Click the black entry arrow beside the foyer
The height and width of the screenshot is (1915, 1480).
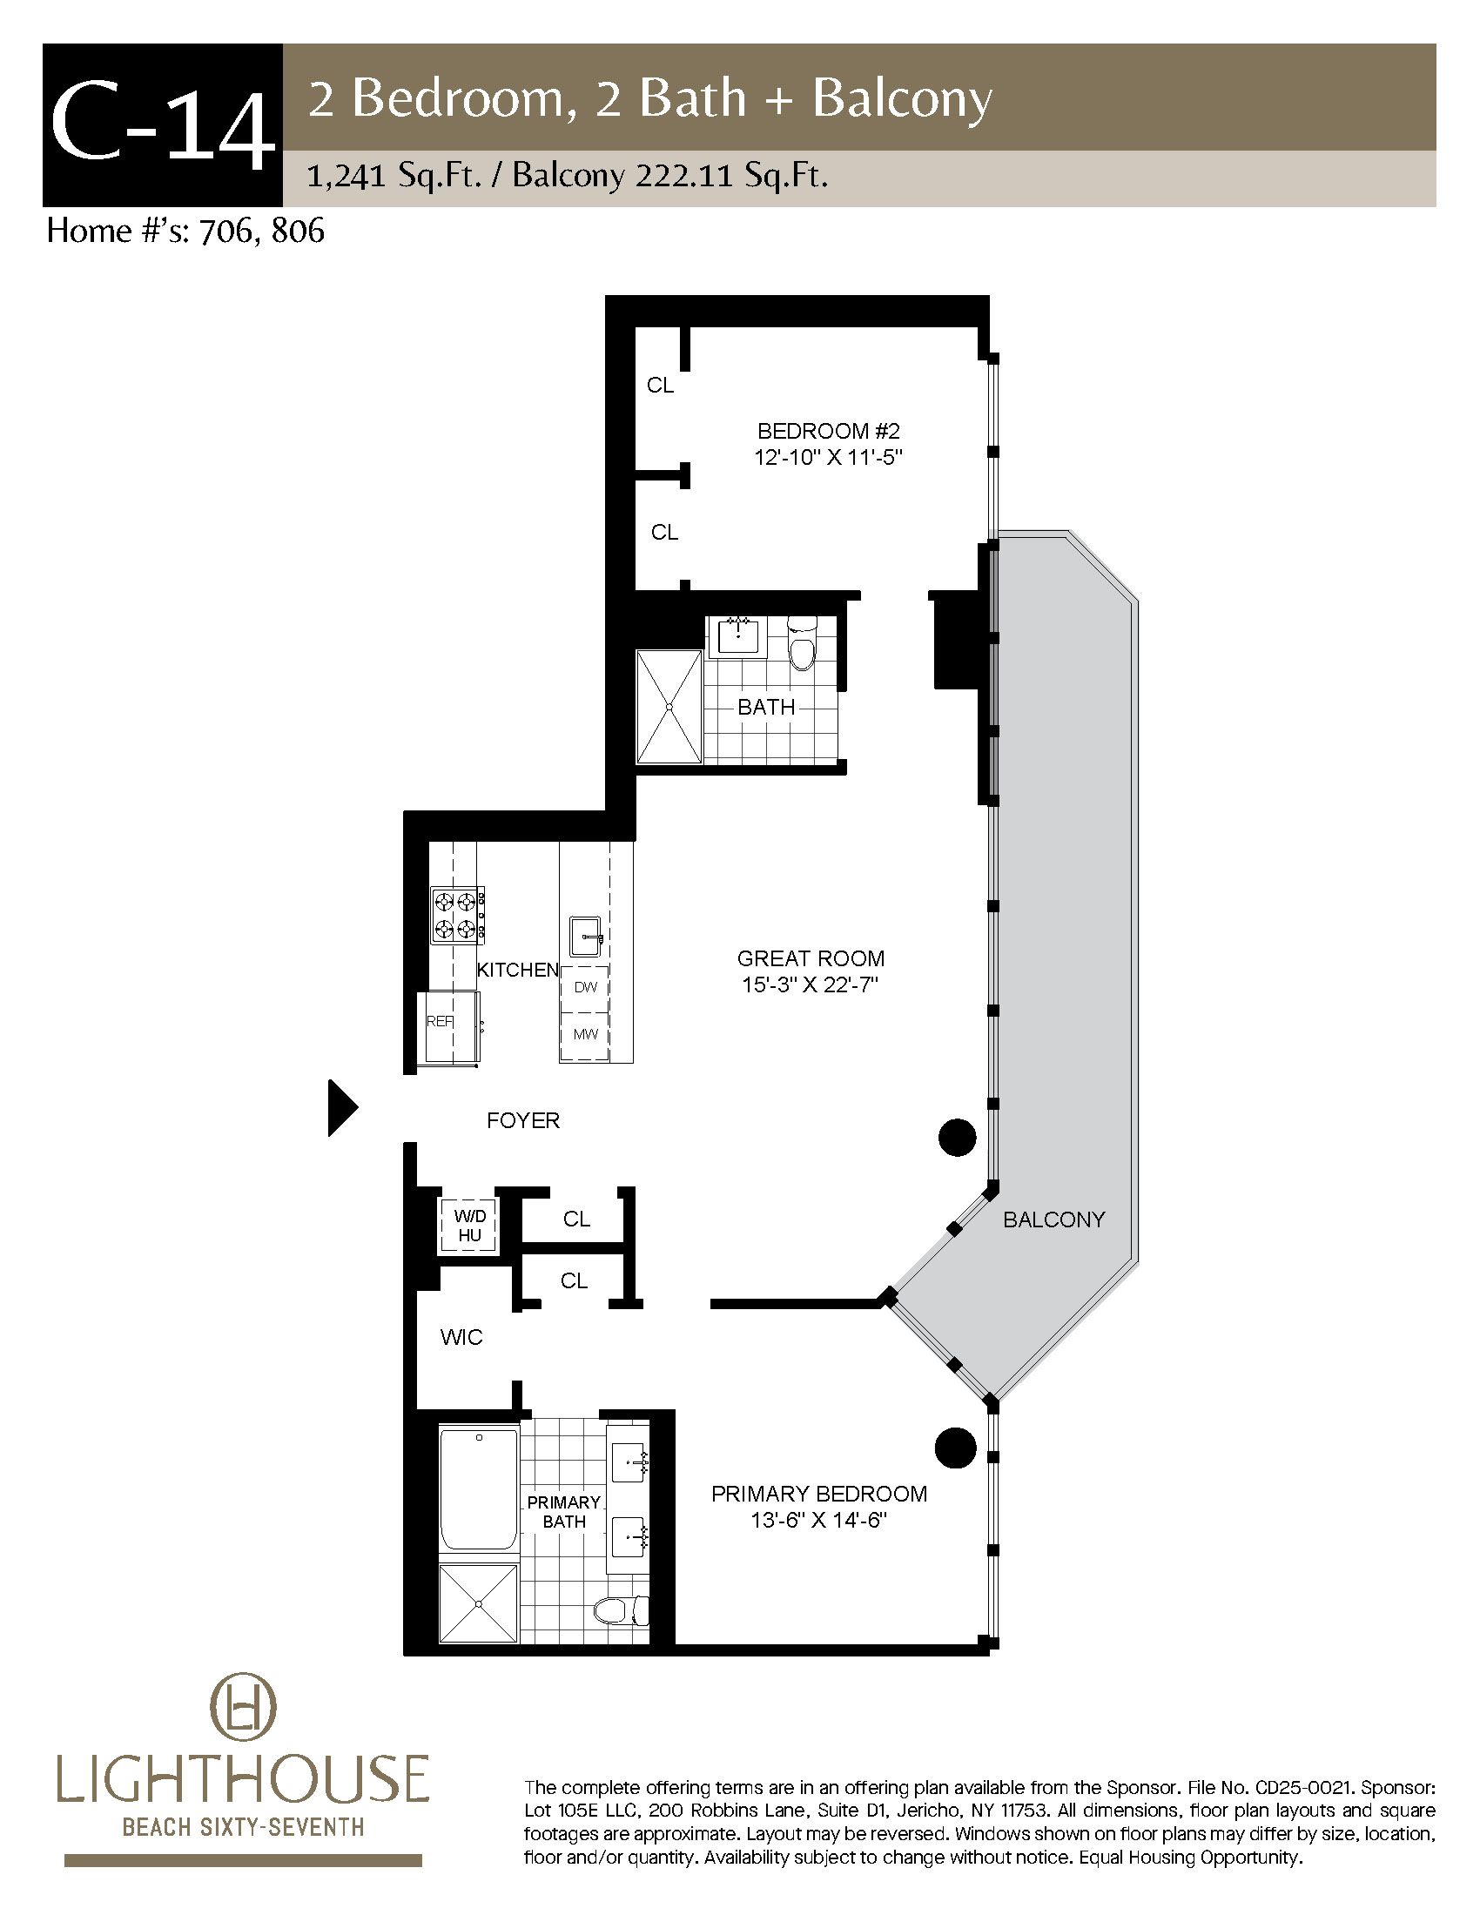(342, 1108)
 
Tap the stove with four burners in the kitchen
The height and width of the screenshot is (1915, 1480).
(458, 915)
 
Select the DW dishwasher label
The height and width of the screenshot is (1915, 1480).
(586, 987)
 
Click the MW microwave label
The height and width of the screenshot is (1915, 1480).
(586, 1034)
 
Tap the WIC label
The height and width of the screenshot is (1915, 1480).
(461, 1337)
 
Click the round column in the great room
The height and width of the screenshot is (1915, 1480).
(958, 1139)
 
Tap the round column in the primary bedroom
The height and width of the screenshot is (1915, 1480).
(956, 1448)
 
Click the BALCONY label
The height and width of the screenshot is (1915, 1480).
(1054, 1219)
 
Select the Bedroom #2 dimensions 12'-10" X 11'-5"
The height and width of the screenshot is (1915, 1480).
(829, 458)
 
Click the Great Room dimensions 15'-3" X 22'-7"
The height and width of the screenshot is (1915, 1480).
(811, 985)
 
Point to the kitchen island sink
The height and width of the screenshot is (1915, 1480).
(586, 937)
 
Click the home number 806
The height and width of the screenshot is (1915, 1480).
(298, 231)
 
